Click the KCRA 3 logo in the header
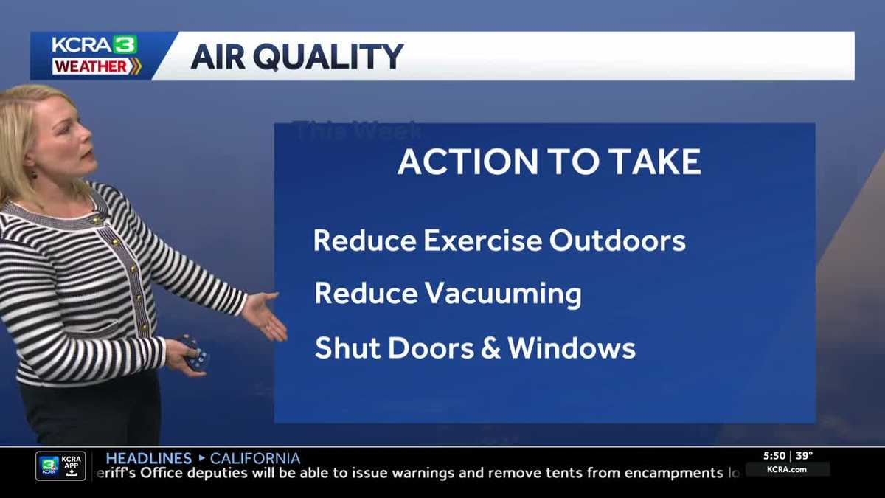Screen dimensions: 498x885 tap(94, 45)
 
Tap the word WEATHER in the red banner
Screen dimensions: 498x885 tap(90, 66)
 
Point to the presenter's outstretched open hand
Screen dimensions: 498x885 tap(265, 314)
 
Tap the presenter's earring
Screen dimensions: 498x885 tap(33, 176)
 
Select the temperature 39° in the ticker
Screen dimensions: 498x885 tap(804, 456)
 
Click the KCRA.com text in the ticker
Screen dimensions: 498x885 tap(787, 469)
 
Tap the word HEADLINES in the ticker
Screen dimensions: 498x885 tap(148, 458)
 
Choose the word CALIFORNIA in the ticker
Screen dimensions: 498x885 tap(255, 458)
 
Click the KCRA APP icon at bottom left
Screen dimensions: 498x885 tap(60, 466)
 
